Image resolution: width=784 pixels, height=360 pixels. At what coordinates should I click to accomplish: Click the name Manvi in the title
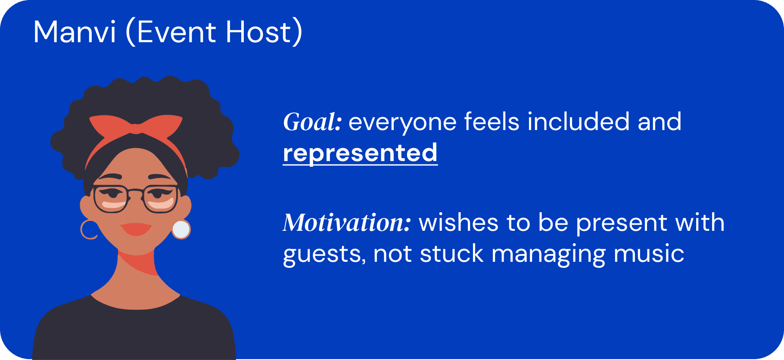(75, 32)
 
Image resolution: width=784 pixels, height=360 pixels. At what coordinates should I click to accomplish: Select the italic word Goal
(312, 122)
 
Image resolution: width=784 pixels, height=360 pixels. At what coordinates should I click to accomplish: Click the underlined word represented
(360, 153)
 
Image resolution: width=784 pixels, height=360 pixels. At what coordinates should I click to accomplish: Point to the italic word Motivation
(347, 223)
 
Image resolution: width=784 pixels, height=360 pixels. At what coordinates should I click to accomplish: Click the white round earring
(181, 230)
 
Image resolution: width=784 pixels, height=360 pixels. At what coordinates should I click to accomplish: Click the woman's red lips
(136, 229)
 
